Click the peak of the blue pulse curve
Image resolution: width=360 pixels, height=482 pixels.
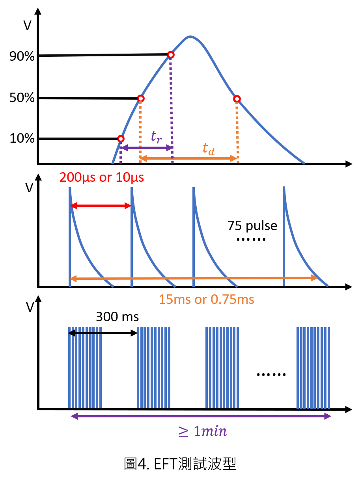[x=190, y=37]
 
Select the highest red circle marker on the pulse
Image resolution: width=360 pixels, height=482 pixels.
[x=170, y=54]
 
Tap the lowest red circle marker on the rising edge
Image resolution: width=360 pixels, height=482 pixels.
[x=121, y=139]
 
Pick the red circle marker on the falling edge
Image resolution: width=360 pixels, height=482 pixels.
[x=237, y=99]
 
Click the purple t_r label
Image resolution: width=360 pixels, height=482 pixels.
[x=156, y=136]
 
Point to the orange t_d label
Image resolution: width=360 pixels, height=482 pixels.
[x=209, y=149]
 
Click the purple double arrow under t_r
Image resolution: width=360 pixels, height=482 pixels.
[x=146, y=148]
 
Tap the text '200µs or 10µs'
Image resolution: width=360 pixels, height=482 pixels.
[x=102, y=177]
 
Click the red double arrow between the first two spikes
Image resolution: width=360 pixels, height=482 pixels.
[x=101, y=206]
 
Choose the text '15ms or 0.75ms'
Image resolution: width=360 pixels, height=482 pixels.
[x=206, y=300]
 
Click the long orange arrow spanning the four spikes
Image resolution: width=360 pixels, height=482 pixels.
[x=193, y=278]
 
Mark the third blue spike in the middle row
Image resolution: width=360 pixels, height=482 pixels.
[x=194, y=236]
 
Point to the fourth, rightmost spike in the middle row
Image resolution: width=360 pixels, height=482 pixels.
[x=284, y=236]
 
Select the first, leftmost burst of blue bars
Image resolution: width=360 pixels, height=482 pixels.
[x=85, y=367]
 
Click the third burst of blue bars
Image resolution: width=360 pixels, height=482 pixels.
[x=222, y=367]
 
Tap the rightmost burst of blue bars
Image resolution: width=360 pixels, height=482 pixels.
[x=313, y=367]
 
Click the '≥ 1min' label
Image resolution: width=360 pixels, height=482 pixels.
[x=203, y=432]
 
